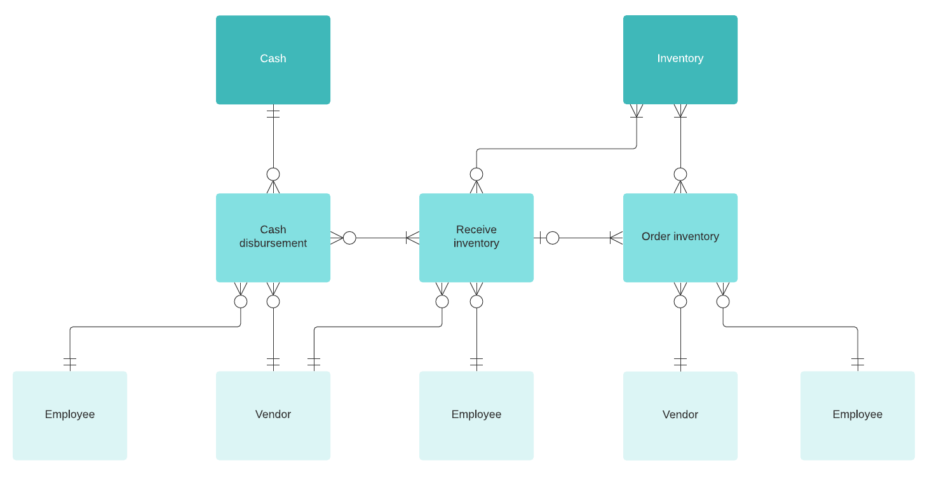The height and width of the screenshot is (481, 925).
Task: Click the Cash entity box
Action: point(273,60)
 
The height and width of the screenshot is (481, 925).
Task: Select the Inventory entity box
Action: point(680,60)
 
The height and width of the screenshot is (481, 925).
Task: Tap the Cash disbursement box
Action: point(273,237)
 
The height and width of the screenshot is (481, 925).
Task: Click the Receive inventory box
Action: point(476,237)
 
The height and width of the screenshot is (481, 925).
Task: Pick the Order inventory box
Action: point(680,237)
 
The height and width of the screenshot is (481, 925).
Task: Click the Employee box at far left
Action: point(70,415)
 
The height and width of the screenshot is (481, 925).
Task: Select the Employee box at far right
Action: point(857,415)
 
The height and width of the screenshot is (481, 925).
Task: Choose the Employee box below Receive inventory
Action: point(476,415)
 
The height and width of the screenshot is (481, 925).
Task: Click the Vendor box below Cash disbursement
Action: point(273,415)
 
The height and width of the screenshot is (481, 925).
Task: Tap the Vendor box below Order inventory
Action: point(680,415)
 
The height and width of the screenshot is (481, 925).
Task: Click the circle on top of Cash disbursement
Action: point(273,174)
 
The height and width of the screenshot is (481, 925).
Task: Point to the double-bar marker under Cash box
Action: point(273,114)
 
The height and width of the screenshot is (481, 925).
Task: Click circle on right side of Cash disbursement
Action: point(349,238)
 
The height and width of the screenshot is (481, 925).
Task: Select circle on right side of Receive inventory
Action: point(553,238)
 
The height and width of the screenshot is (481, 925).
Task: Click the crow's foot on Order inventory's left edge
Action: point(616,238)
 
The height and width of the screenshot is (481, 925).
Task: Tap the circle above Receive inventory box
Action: point(476,174)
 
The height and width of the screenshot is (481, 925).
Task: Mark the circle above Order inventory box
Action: point(680,174)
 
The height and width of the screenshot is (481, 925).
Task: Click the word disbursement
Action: point(273,243)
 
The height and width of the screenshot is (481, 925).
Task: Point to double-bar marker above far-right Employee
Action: point(858,363)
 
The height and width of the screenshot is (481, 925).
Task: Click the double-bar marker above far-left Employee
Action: point(70,363)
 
